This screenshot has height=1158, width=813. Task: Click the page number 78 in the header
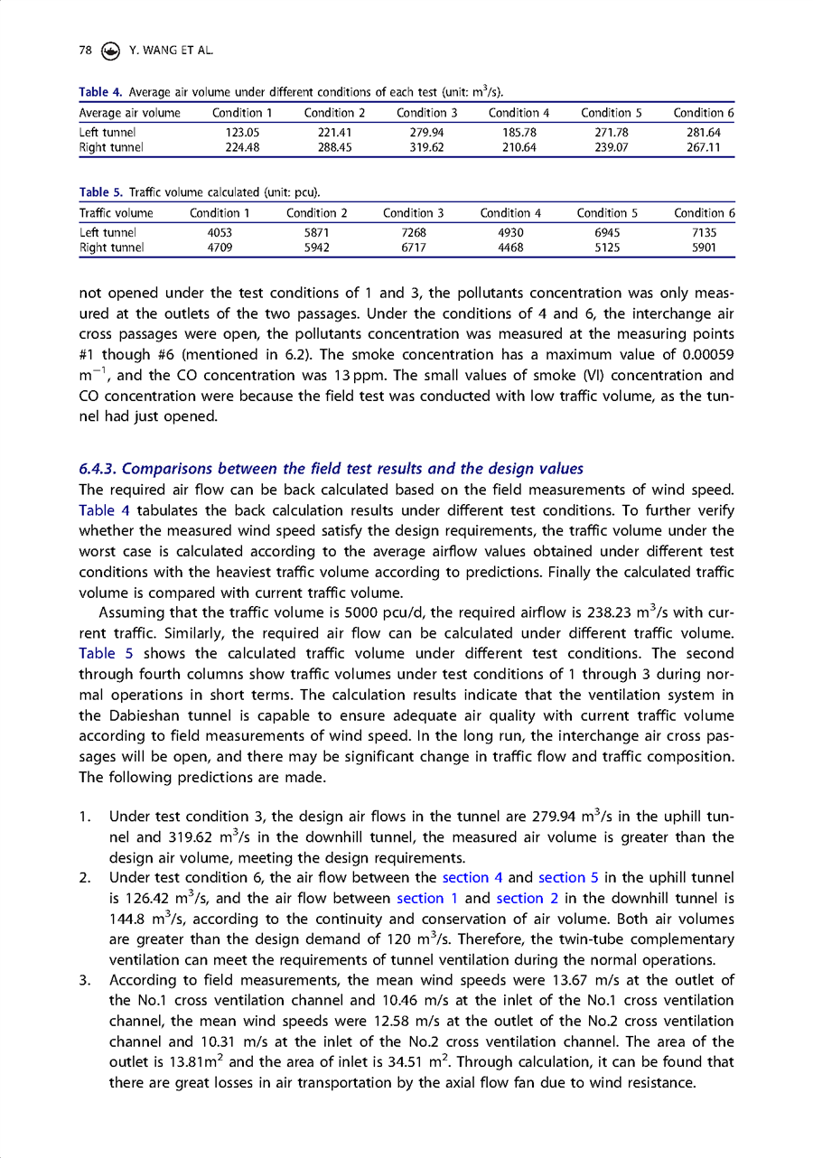pyautogui.click(x=86, y=51)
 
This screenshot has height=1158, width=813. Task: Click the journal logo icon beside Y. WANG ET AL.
pyautogui.click(x=111, y=51)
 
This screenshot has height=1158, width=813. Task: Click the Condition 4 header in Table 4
pyautogui.click(x=519, y=113)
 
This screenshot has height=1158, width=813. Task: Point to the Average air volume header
pyautogui.click(x=130, y=113)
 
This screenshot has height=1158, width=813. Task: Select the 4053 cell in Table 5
pyautogui.click(x=220, y=232)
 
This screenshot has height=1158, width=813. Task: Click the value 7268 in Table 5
pyautogui.click(x=413, y=232)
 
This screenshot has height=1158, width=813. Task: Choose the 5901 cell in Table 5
pyautogui.click(x=704, y=247)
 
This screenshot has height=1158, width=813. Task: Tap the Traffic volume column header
pyautogui.click(x=117, y=213)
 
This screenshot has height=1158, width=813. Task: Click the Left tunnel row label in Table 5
pyautogui.click(x=107, y=232)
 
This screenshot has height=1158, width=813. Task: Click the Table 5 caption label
pyautogui.click(x=101, y=193)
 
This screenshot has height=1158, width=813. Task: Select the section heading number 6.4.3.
pyautogui.click(x=98, y=468)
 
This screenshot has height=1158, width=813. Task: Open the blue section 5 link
pyautogui.click(x=568, y=877)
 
